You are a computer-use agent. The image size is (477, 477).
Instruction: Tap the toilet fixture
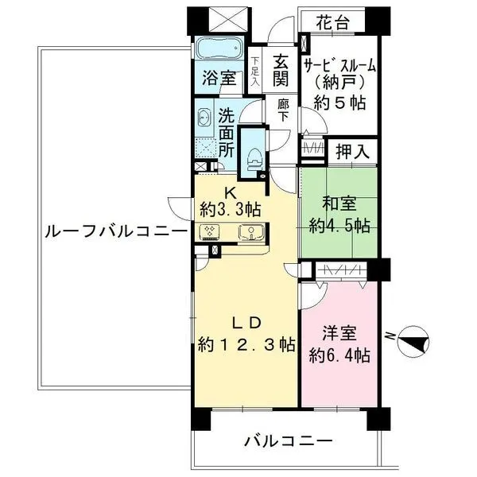254,159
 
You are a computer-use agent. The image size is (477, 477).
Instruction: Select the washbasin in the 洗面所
204,117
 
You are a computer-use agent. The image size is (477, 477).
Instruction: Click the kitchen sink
251,232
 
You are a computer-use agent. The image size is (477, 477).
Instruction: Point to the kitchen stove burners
210,232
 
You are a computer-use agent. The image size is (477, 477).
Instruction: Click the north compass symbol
413,341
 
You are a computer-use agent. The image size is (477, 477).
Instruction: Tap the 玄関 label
281,71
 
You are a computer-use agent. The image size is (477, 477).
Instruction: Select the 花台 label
332,22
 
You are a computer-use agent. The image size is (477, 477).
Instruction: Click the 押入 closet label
352,151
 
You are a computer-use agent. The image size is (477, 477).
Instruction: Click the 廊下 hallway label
283,111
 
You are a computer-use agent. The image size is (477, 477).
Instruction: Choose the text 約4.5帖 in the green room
339,226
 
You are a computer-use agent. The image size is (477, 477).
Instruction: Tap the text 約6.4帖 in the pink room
339,355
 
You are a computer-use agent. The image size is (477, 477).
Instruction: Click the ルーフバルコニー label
115,232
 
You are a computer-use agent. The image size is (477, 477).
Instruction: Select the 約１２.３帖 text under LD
246,345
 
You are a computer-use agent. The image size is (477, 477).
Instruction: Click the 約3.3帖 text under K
231,209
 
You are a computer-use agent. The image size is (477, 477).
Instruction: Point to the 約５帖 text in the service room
339,103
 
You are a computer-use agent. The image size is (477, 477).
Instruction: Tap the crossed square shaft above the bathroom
229,19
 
